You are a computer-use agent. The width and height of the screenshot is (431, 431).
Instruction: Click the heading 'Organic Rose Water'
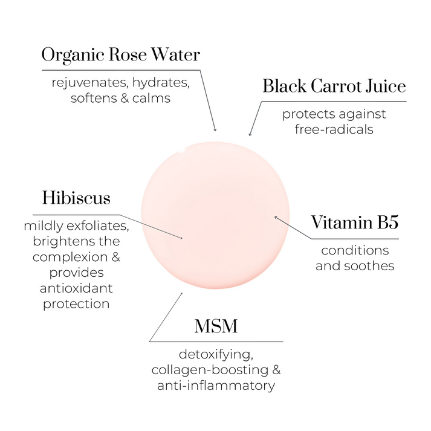pos(121,55)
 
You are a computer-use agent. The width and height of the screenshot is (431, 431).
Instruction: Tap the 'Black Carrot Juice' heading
pos(334,86)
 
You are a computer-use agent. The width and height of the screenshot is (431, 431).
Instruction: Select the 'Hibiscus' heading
pos(76,198)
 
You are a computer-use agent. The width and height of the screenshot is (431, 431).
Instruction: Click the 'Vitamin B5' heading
pos(355,222)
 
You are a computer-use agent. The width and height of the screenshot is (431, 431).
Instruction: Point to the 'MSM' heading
pos(216,326)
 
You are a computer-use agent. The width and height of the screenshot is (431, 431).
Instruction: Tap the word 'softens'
pos(93,99)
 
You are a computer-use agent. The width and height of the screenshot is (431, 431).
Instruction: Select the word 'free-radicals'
pos(334,129)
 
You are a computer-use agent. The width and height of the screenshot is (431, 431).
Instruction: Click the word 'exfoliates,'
pos(98,226)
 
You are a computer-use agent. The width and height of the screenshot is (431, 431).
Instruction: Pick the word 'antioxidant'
pos(76,288)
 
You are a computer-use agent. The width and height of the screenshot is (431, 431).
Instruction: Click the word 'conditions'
pos(355,250)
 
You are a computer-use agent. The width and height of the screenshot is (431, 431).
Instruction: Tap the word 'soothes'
pos(369,266)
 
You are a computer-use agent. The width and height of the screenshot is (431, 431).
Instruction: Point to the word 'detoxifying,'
pos(216,355)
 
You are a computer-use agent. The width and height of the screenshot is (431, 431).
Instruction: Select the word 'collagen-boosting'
pos(210,371)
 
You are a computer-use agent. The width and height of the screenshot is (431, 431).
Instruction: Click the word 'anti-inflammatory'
pos(216,386)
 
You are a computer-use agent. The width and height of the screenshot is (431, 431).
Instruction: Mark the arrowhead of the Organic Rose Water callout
pos(215,130)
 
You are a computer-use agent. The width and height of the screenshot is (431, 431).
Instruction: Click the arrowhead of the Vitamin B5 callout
pos(276,218)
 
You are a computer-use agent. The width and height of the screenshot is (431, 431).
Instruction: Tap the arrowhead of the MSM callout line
pos(181,294)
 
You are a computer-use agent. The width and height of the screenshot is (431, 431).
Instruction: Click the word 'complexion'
pos(70,258)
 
